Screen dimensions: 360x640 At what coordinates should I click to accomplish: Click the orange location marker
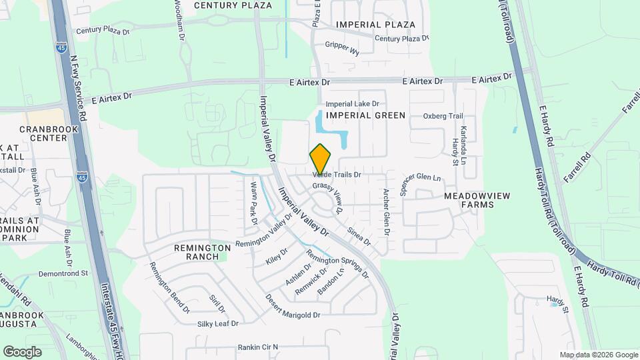(321, 159)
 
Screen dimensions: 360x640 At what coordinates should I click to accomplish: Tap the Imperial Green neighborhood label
(366, 115)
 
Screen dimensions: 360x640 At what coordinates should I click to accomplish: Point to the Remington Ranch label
(197, 251)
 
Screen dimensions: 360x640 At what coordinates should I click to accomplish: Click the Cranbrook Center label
(43, 133)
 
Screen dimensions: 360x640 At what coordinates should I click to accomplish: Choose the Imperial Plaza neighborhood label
(376, 25)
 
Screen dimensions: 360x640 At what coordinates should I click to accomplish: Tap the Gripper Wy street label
(342, 48)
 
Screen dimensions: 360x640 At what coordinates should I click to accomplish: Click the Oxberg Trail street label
(443, 116)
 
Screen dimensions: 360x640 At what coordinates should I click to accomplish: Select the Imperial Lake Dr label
(352, 104)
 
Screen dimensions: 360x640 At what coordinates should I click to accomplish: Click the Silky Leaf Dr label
(217, 324)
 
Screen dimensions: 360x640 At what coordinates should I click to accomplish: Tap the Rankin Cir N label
(258, 347)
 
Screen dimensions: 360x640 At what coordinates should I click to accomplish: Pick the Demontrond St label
(63, 273)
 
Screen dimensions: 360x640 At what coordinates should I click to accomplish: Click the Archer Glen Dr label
(385, 211)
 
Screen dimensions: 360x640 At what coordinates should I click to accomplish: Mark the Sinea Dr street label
(359, 240)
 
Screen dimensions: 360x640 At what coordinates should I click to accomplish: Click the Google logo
(22, 351)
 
